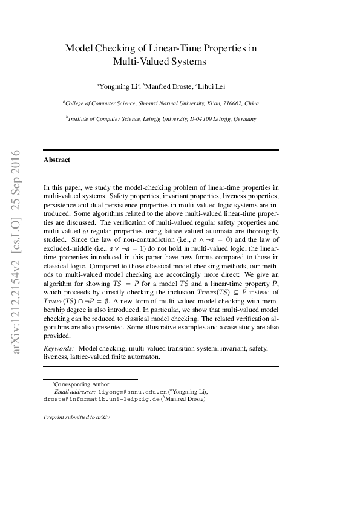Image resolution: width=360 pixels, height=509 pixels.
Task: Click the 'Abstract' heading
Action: tap(57, 160)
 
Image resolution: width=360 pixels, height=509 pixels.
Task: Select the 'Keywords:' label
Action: tap(59, 349)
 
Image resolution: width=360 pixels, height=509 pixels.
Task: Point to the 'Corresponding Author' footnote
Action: tap(80, 384)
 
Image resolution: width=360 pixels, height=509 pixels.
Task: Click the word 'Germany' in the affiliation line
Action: tap(244, 120)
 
